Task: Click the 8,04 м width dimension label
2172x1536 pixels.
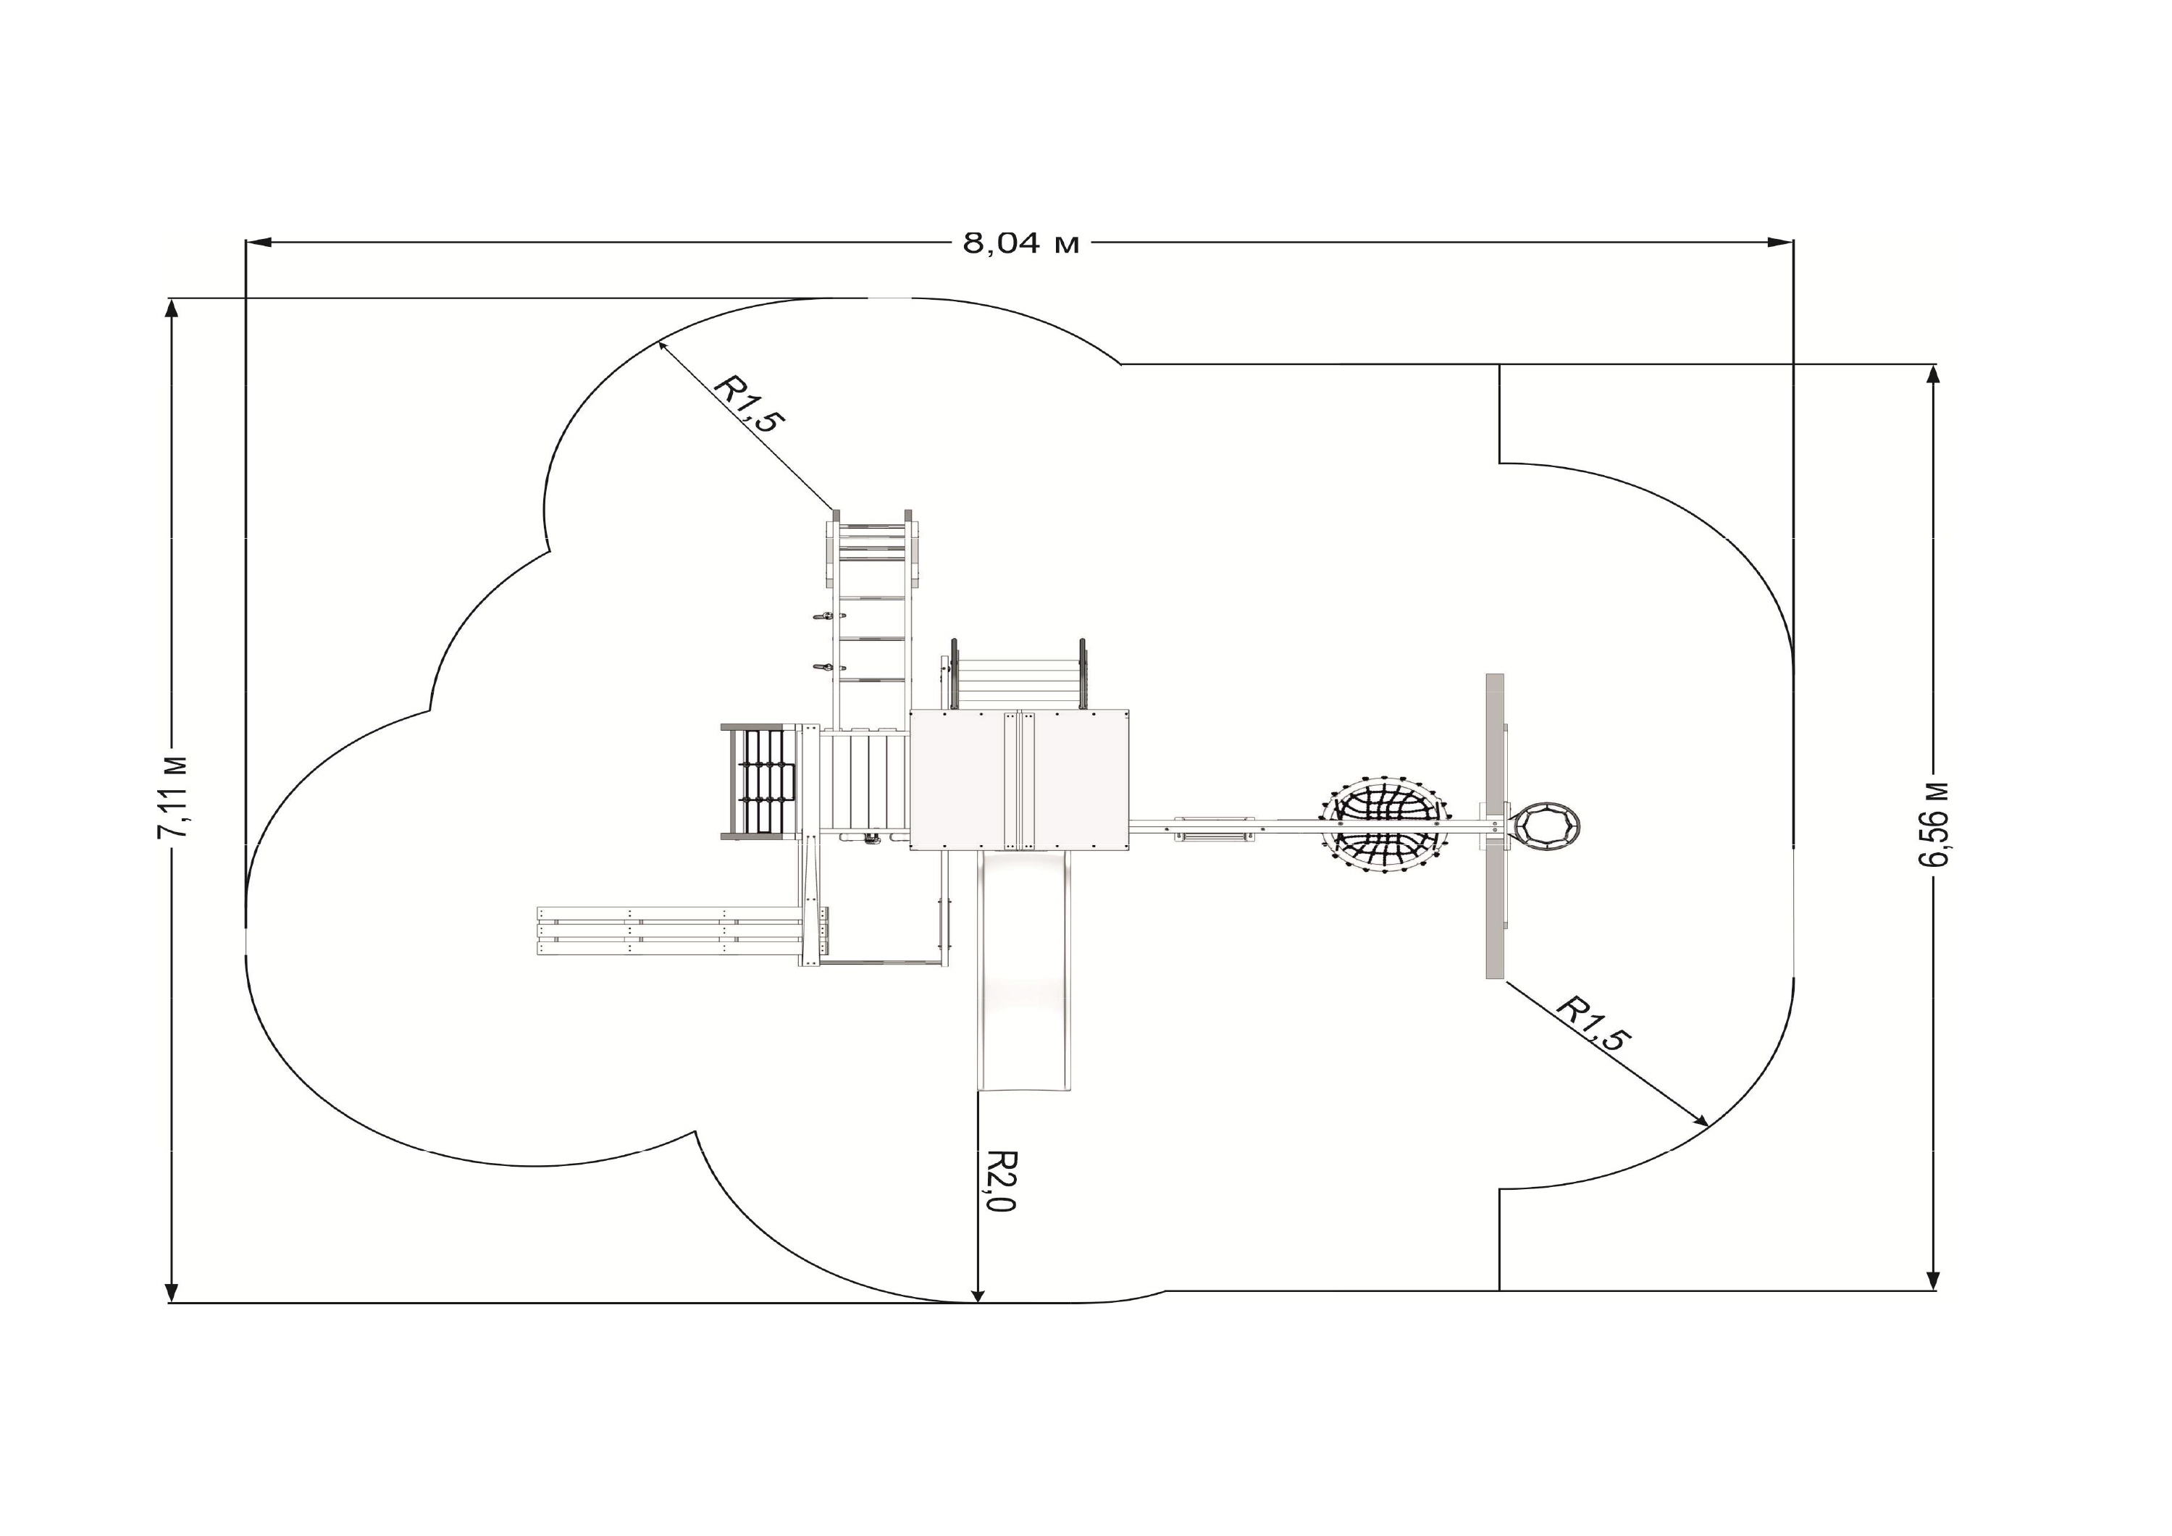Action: click(1020, 244)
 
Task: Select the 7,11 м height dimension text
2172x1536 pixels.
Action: click(174, 797)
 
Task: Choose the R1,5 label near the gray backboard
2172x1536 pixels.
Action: click(1595, 1023)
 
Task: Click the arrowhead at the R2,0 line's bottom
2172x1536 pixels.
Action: click(979, 1295)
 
